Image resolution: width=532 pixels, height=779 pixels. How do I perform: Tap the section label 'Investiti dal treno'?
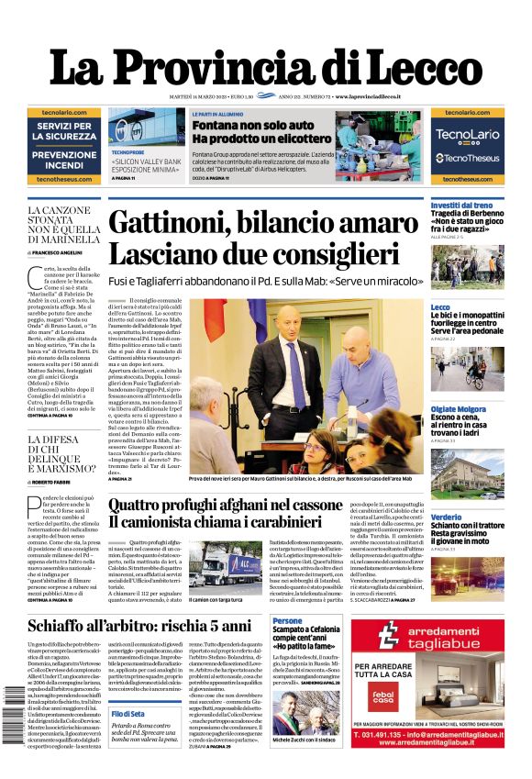(x=461, y=206)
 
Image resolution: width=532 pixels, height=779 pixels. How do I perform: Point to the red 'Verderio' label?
(x=447, y=517)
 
